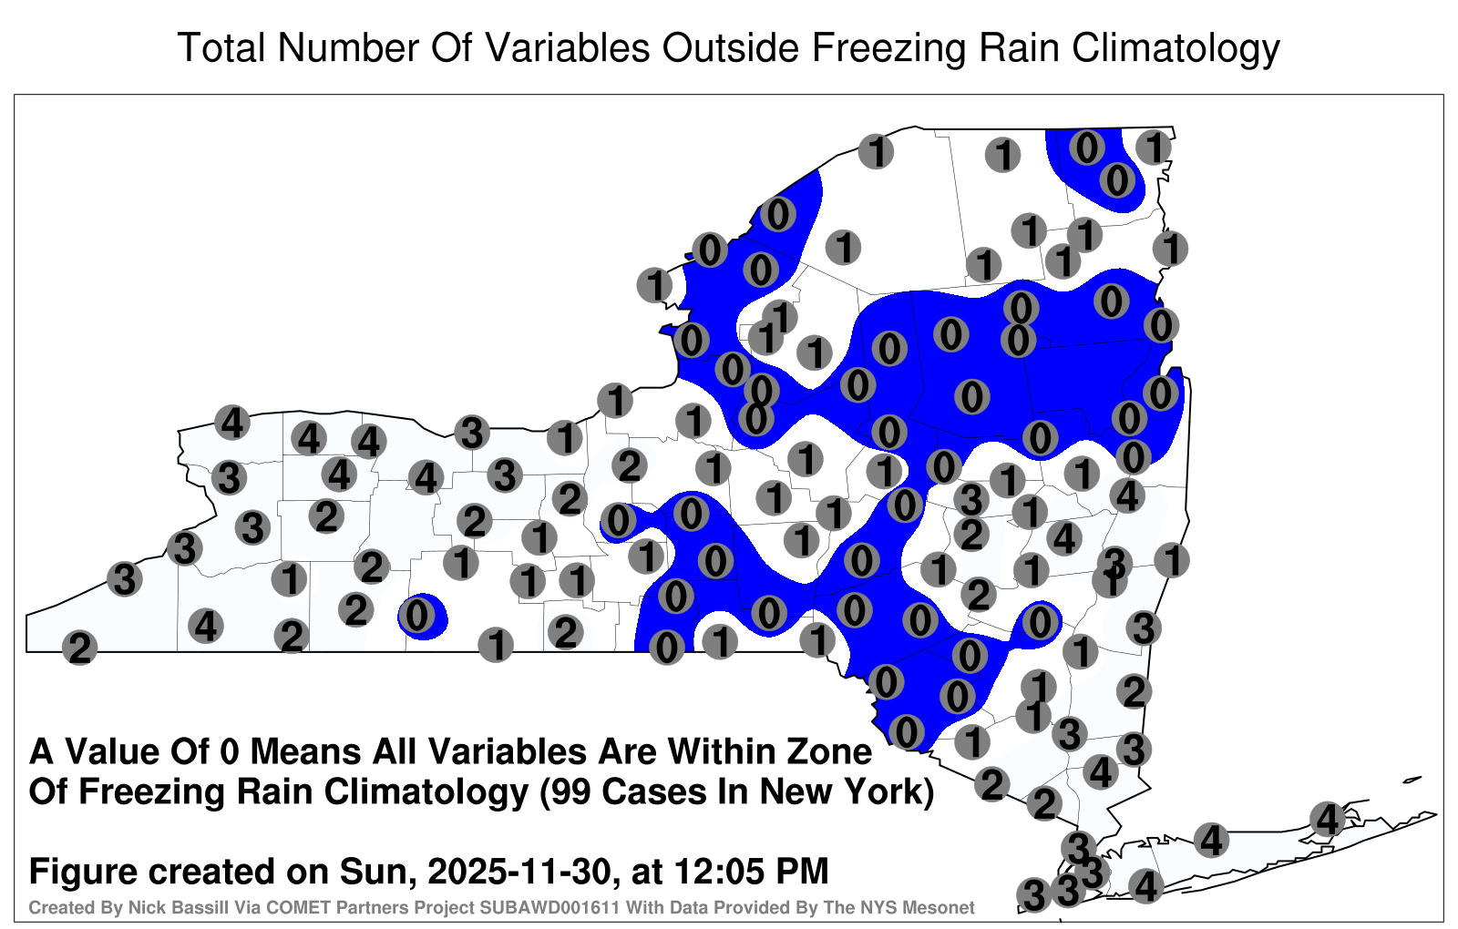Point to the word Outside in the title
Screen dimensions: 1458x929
tap(730, 47)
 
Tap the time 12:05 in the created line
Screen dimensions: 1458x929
tap(716, 871)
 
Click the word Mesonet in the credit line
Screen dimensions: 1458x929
tap(944, 907)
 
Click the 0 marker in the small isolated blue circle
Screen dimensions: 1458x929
tap(417, 615)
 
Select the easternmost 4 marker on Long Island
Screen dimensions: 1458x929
tap(1327, 819)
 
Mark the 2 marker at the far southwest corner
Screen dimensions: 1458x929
tap(79, 648)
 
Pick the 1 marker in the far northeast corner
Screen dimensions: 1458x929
tap(1154, 147)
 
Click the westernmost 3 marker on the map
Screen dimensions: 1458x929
tap(124, 578)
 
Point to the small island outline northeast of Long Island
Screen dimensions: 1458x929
tap(1412, 780)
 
